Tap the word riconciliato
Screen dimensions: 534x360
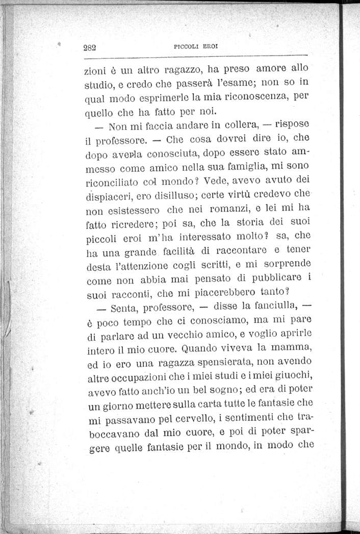click(110, 182)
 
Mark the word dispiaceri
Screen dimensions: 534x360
click(109, 196)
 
